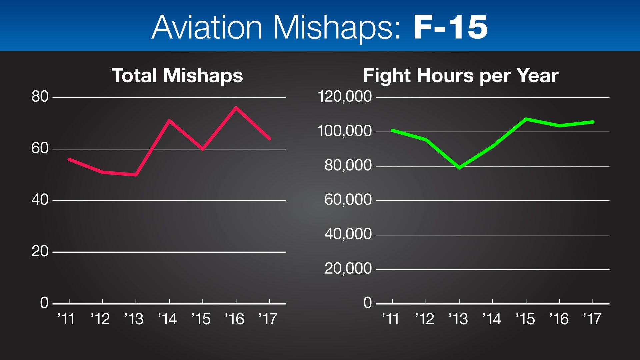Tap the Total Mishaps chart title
(x=177, y=76)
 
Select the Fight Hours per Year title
(x=461, y=76)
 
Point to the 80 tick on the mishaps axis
(x=40, y=97)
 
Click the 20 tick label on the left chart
(x=40, y=252)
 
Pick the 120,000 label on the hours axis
(x=345, y=97)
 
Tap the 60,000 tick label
(x=348, y=200)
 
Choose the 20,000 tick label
(x=348, y=269)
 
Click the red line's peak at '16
(x=236, y=107)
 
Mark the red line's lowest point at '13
(x=136, y=175)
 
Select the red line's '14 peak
(x=169, y=120)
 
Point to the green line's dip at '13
(x=459, y=168)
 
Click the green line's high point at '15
(x=526, y=119)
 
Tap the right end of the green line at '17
(x=593, y=122)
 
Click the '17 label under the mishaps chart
(x=268, y=319)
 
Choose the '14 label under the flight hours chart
(x=492, y=319)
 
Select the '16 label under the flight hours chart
(x=559, y=319)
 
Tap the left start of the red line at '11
(x=69, y=159)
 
